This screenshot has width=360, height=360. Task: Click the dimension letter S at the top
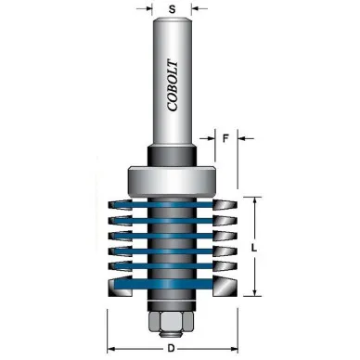pyautogui.click(x=172, y=9)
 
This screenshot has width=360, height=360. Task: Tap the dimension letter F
pyautogui.click(x=225, y=138)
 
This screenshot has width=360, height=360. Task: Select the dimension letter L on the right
pyautogui.click(x=254, y=248)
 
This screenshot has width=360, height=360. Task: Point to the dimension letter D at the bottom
pyautogui.click(x=171, y=349)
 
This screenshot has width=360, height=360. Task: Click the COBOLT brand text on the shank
pyautogui.click(x=173, y=85)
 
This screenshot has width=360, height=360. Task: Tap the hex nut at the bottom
pyautogui.click(x=172, y=321)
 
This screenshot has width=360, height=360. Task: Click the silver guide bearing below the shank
pyautogui.click(x=172, y=181)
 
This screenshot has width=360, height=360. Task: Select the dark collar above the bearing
pyautogui.click(x=172, y=157)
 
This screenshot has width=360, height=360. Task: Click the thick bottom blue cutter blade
pyautogui.click(x=163, y=284)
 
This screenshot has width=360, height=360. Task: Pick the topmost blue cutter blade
pyautogui.click(x=163, y=204)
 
